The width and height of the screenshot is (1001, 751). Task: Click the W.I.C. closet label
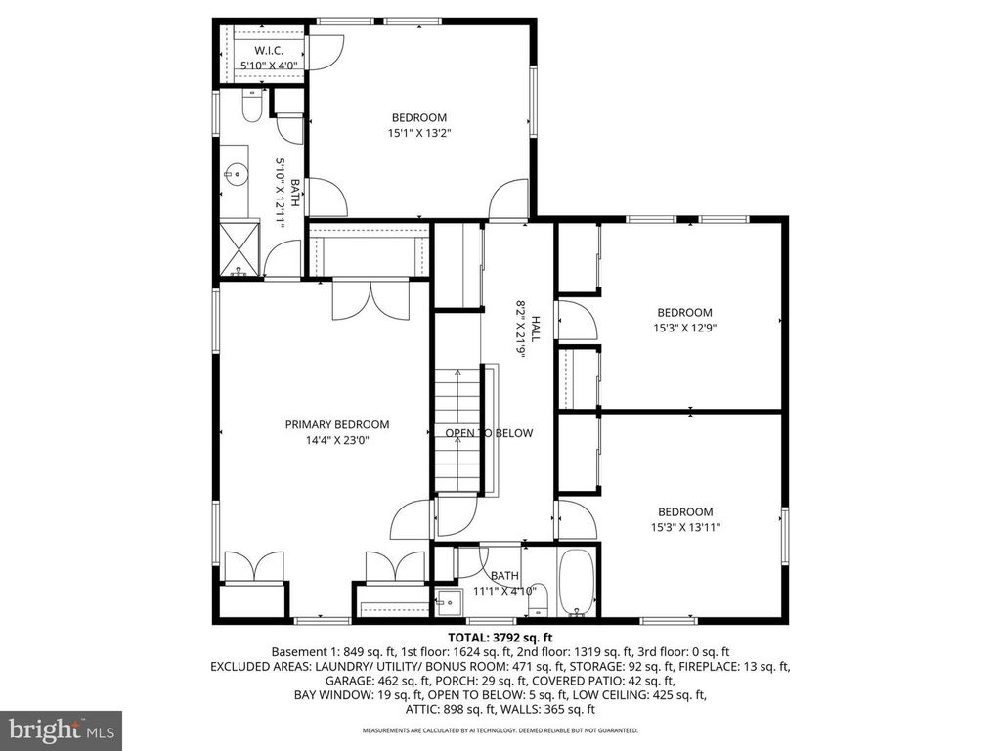coord(269,50)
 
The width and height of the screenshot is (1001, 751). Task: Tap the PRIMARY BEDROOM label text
coord(337,424)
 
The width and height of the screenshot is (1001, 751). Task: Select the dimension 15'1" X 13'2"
coord(419,133)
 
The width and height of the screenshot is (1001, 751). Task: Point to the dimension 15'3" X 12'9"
coord(684,329)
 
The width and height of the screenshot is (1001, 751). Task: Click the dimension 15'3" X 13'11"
coord(684,527)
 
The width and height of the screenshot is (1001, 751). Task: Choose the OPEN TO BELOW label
coord(489,433)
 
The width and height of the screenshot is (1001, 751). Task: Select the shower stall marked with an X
coord(239,250)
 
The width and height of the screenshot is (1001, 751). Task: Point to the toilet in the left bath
coord(251,106)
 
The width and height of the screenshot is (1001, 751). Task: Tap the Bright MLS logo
coord(61,729)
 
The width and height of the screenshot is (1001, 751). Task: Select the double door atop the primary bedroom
coord(369,299)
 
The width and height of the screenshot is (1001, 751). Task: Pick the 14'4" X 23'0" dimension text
coord(337,440)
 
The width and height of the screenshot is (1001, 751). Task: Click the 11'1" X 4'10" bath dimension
coord(505,591)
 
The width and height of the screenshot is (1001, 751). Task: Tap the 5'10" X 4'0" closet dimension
coord(269,66)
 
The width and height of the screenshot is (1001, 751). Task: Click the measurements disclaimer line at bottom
coord(500,729)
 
